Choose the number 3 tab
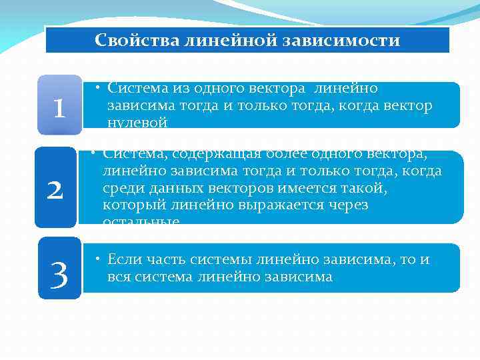tap(59, 274)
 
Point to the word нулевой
tap(137, 122)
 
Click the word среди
tap(121, 188)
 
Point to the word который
tap(129, 205)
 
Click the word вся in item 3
tap(119, 276)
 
